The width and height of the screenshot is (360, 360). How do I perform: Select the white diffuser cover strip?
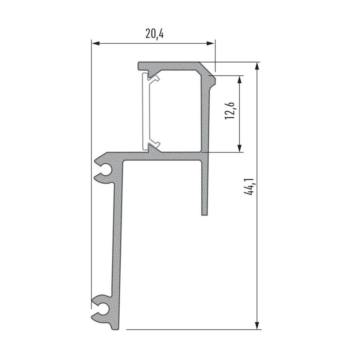pyautogui.click(x=145, y=112)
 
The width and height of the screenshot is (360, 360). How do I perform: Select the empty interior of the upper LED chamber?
pyautogui.click(x=178, y=110)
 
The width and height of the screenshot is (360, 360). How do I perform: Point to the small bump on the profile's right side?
pyautogui.click(x=215, y=81)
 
